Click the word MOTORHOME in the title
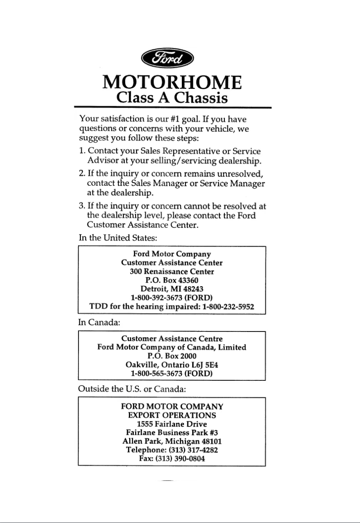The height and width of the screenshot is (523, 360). pos(172,83)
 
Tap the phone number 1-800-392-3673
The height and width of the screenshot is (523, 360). pos(156,297)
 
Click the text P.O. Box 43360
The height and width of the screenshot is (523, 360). pos(172,280)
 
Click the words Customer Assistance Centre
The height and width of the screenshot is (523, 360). pos(172,339)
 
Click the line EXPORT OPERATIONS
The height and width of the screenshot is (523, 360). pos(172,415)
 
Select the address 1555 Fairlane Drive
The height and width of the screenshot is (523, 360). pos(172,423)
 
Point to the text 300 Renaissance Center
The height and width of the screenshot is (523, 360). pos(172,271)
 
